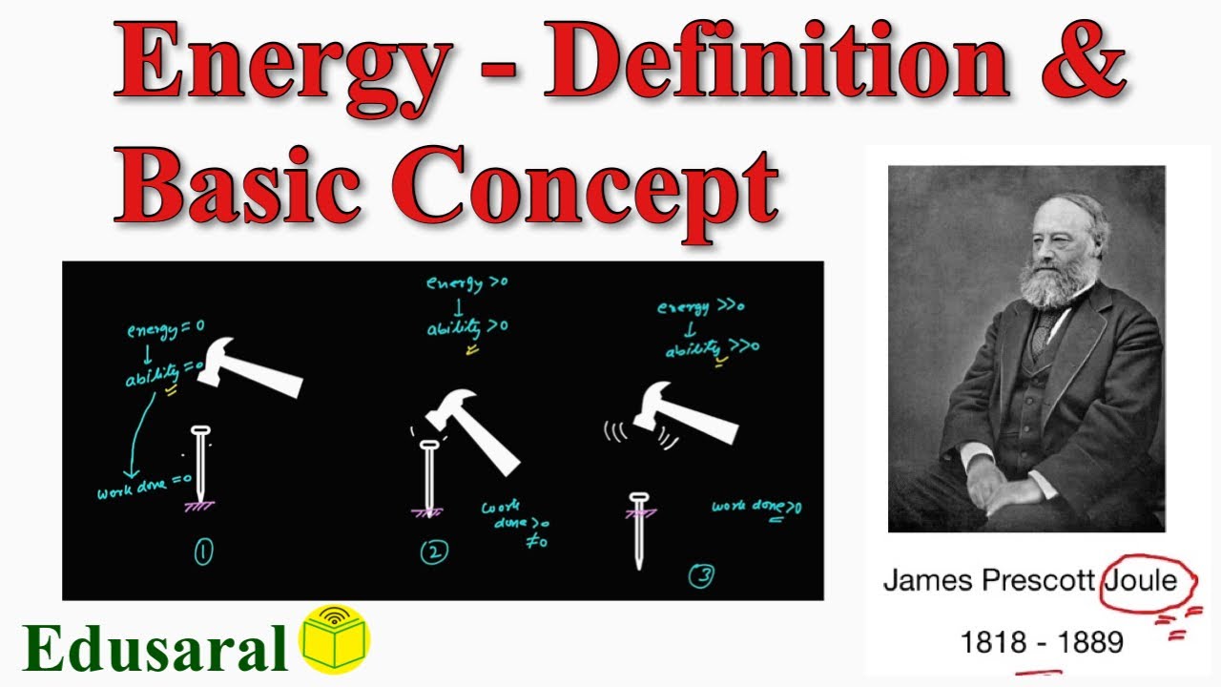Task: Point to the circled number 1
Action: point(203,552)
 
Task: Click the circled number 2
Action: point(434,552)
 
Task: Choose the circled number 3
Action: point(701,576)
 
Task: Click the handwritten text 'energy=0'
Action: point(166,330)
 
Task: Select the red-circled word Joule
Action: point(1141,579)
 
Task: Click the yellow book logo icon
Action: point(335,638)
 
